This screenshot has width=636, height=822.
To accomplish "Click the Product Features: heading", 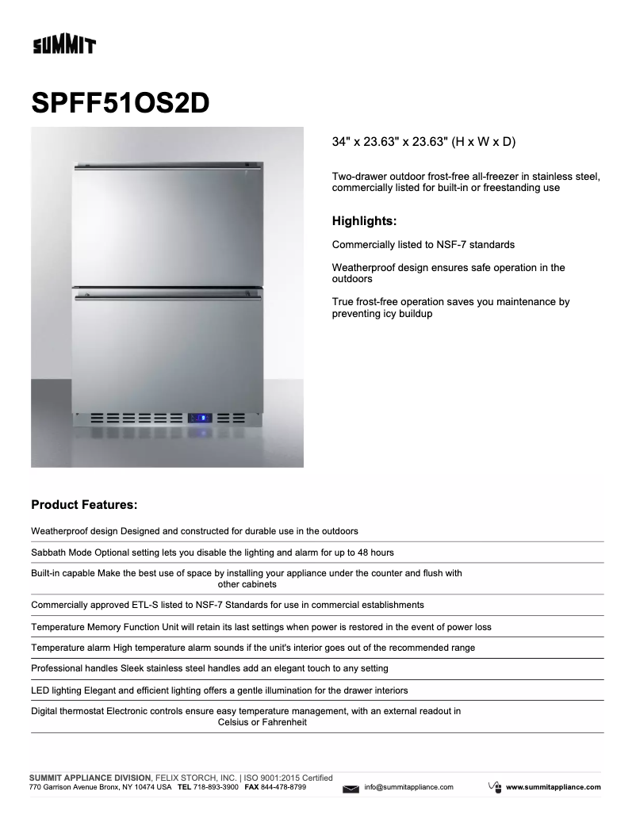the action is pyautogui.click(x=84, y=504).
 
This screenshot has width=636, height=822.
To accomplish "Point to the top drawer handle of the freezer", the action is pyautogui.click(x=167, y=167).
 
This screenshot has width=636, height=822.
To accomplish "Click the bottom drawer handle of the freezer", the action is pyautogui.click(x=167, y=298).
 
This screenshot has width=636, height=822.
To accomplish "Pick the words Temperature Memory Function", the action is pyautogui.click(x=98, y=626).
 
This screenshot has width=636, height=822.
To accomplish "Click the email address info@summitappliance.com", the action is pyautogui.click(x=408, y=787).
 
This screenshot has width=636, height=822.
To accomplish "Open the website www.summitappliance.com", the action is pyautogui.click(x=553, y=787).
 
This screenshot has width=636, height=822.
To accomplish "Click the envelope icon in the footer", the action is pyautogui.click(x=351, y=788).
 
